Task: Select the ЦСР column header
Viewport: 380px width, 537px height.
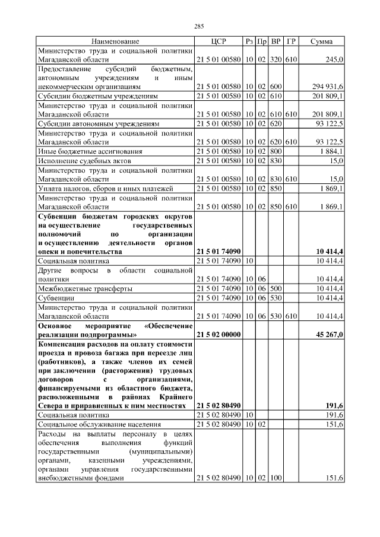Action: pos(218,42)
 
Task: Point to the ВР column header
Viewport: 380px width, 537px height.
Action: pos(275,42)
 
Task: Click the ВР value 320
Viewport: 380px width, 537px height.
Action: pos(275,59)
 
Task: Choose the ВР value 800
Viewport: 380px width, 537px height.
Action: pos(275,151)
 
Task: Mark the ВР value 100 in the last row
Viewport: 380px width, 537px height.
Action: pos(275,478)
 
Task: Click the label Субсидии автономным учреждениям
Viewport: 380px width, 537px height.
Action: pos(99,123)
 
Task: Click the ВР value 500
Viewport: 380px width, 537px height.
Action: pos(275,288)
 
